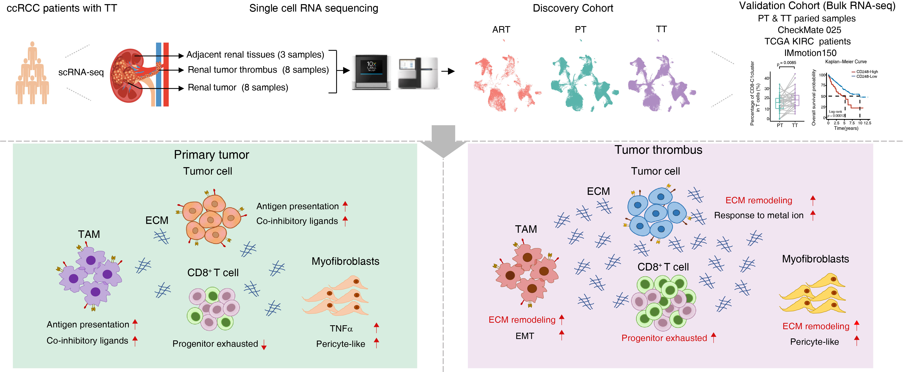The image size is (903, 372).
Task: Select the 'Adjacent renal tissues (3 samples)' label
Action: (255, 55)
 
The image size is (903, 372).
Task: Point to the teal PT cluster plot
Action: (582, 84)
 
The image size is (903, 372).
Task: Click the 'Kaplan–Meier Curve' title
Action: (846, 62)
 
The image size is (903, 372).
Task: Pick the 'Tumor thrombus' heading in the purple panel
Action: (658, 150)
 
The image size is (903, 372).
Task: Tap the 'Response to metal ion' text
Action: (758, 215)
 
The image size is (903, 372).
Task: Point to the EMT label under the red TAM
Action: (525, 336)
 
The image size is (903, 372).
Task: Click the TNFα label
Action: (341, 329)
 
